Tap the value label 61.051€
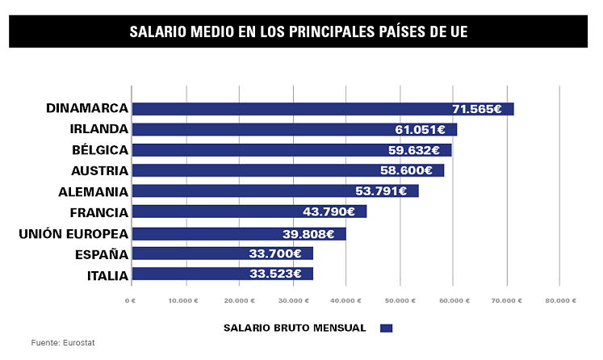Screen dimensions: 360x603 (420, 129)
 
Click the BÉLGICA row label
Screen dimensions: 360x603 (99, 150)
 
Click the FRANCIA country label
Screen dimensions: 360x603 (99, 213)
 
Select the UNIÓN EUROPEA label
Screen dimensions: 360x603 (73, 234)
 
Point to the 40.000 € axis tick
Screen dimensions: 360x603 (345, 300)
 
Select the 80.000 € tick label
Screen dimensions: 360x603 (559, 300)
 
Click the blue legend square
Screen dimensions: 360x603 (386, 328)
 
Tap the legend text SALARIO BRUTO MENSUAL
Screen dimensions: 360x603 (294, 328)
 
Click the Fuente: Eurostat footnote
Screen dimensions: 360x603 (63, 343)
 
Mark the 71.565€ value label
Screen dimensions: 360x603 (477, 109)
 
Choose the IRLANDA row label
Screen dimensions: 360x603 (99, 129)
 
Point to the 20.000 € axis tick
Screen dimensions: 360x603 (237, 300)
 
